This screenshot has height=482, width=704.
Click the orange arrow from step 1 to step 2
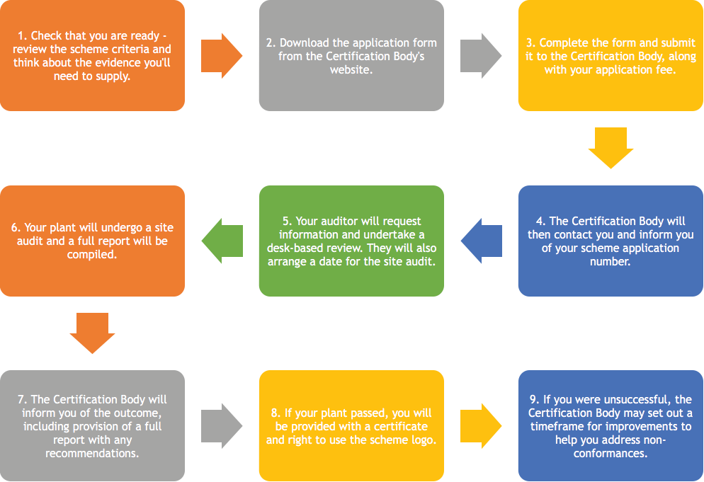pos(222,56)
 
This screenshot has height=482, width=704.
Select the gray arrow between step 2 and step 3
pos(481,56)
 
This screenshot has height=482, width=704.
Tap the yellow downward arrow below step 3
pos(611,148)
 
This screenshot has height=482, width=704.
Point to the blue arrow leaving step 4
pos(482,241)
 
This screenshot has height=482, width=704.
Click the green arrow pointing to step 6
pos(222,241)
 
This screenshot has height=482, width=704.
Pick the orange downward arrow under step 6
pos(93,333)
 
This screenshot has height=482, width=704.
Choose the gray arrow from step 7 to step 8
pos(222,426)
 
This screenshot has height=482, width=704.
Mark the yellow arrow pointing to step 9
pos(481,426)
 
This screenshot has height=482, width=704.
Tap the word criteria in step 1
pos(130,49)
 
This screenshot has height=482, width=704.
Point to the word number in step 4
pos(611,262)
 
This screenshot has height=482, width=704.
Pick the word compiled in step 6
pos(92,255)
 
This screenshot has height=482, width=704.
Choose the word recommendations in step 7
pos(92,453)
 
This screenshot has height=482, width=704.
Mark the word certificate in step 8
pos(400,426)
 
